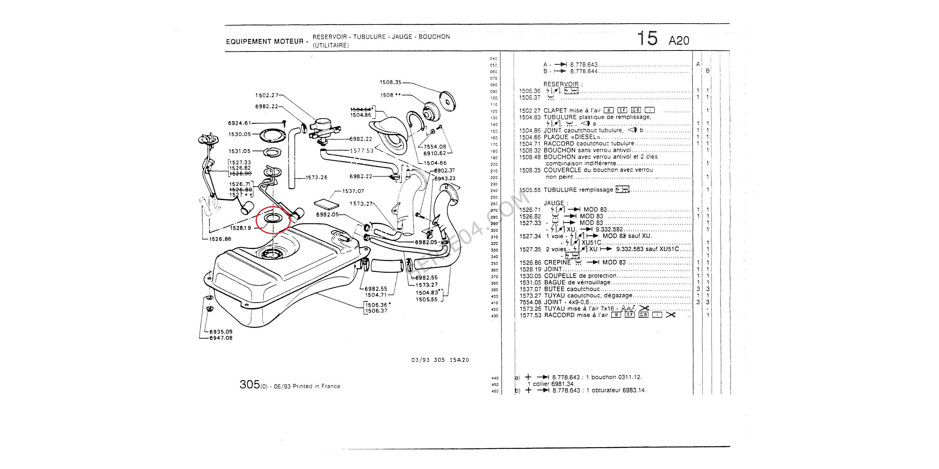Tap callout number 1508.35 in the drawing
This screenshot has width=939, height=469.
point(390,82)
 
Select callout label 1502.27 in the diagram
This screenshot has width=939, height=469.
point(266,95)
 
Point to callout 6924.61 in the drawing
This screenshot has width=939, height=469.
point(239,123)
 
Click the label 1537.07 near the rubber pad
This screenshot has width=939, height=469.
point(353,191)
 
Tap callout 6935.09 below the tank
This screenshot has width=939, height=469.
point(221,332)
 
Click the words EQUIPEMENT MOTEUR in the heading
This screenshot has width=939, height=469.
point(265,42)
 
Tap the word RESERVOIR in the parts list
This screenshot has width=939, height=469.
point(561,84)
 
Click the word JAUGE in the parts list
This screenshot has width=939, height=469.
point(554,203)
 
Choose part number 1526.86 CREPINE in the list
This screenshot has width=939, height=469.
point(530,263)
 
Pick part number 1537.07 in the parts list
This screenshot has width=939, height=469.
point(530,289)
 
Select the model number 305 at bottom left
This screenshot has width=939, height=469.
point(249,385)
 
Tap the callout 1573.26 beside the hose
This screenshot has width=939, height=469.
point(316,178)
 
